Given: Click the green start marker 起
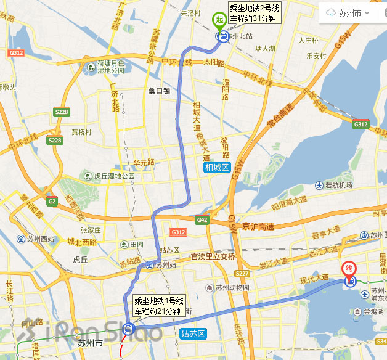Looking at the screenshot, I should coord(219,20).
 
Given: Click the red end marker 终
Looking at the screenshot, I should coord(349,269).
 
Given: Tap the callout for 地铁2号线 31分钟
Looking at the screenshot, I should coord(254,13).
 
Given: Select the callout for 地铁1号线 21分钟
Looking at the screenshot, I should coord(159,306).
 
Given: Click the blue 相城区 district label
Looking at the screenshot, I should coord(216,168).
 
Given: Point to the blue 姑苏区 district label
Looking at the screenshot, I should coord(192,333).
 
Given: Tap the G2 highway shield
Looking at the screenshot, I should coord(51,202).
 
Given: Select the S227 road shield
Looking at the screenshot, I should coord(242,274).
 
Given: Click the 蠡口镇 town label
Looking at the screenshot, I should coord(159,91).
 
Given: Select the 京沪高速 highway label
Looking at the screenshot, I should coord(258,226).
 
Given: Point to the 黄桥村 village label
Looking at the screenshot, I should coord(81,132).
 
